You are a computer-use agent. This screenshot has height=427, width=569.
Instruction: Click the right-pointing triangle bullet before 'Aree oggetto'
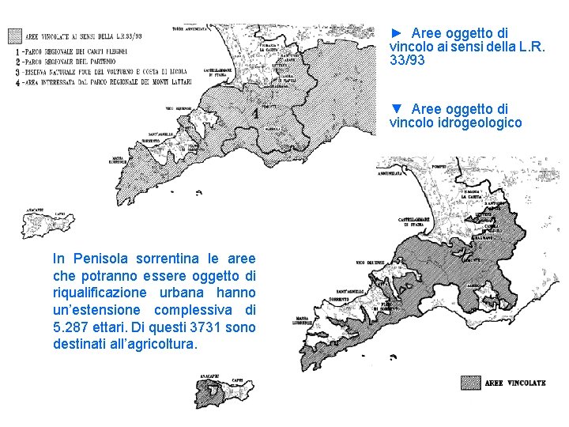coord(397,33)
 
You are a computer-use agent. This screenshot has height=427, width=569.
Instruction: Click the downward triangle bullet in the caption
coord(397,108)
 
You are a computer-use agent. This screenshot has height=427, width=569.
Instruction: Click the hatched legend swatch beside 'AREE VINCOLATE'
coord(470,383)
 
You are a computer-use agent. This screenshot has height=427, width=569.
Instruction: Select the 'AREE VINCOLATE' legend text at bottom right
coord(515,384)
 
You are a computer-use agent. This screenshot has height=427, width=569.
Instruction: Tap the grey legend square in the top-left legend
coord(14,36)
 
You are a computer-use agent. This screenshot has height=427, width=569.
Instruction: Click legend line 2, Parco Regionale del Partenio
coord(71,61)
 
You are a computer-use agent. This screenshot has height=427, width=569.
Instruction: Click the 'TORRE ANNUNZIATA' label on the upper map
coord(190,29)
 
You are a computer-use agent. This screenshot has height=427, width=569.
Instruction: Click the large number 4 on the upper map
coord(254,114)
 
